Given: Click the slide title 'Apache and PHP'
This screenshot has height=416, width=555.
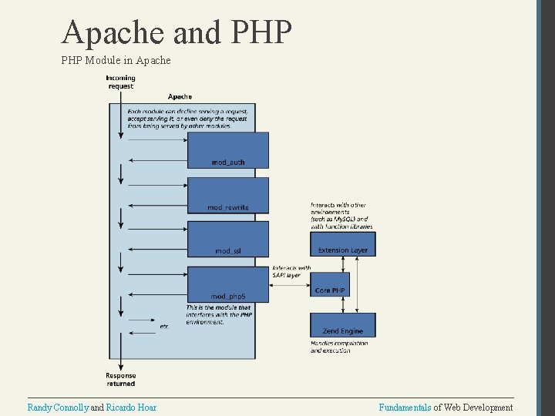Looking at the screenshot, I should [x=177, y=32].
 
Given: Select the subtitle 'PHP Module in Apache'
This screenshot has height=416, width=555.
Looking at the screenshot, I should [x=116, y=60].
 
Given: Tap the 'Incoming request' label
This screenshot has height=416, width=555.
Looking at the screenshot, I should [x=120, y=82].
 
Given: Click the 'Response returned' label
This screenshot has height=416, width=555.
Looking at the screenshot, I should [x=120, y=379].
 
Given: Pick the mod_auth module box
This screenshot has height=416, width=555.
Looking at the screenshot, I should [x=228, y=149].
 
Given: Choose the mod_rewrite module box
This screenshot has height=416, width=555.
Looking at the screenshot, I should [x=228, y=195].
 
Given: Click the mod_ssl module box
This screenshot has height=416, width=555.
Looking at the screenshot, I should [x=228, y=239].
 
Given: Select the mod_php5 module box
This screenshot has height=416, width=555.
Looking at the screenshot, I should [x=228, y=283].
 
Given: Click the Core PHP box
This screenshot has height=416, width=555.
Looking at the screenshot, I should [x=330, y=284].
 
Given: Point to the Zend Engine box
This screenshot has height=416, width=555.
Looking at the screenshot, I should [x=343, y=324].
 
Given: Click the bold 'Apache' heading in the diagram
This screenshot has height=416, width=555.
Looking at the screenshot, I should [x=180, y=96].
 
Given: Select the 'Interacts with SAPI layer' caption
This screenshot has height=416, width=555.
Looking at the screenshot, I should [x=291, y=272].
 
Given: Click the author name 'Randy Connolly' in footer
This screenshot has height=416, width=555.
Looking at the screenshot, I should [x=58, y=407].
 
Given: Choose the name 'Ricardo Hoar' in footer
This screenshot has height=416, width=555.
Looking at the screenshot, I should [x=131, y=407].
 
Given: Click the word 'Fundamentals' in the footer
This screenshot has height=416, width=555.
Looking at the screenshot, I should [x=405, y=407].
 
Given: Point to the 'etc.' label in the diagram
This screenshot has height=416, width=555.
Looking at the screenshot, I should [x=164, y=327].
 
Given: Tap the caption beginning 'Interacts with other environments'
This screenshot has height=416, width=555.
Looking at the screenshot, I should [x=341, y=216].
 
